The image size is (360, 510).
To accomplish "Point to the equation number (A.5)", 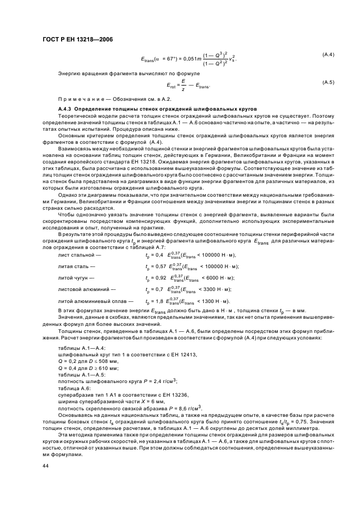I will pos(328,82).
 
